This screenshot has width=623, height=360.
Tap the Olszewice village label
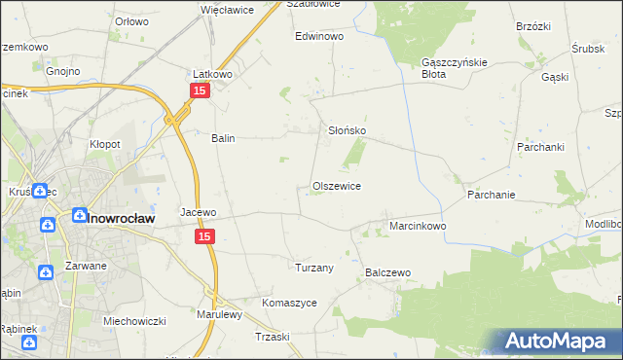337,186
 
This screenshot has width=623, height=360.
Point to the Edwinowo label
320,36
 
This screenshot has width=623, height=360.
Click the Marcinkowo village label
418,226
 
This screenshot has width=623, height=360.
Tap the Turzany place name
314,268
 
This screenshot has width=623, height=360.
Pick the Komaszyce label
289,303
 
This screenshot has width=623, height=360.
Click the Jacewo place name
198,211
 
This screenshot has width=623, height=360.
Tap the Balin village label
224,138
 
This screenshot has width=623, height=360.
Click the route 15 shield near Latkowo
199,90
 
